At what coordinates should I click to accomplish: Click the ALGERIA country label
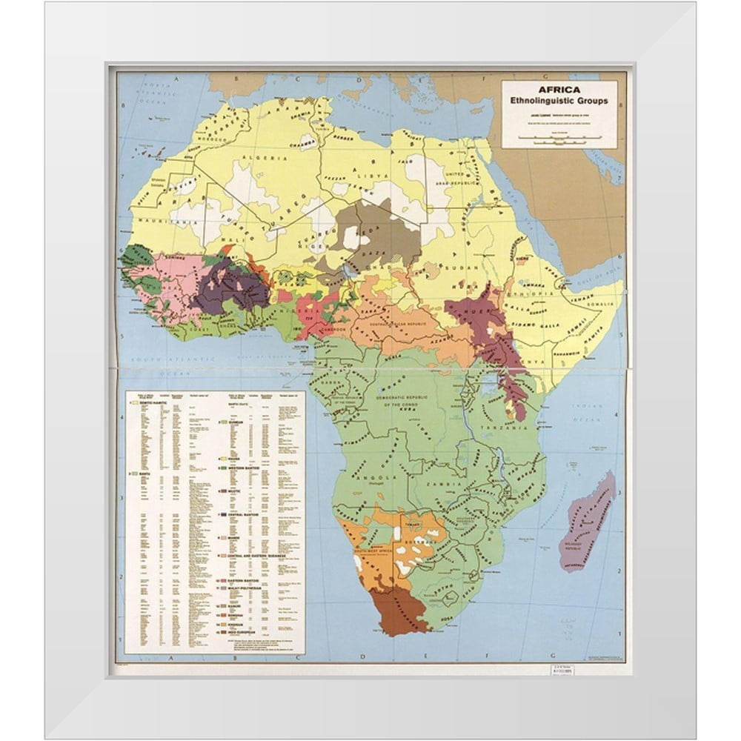pos(272,159)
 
